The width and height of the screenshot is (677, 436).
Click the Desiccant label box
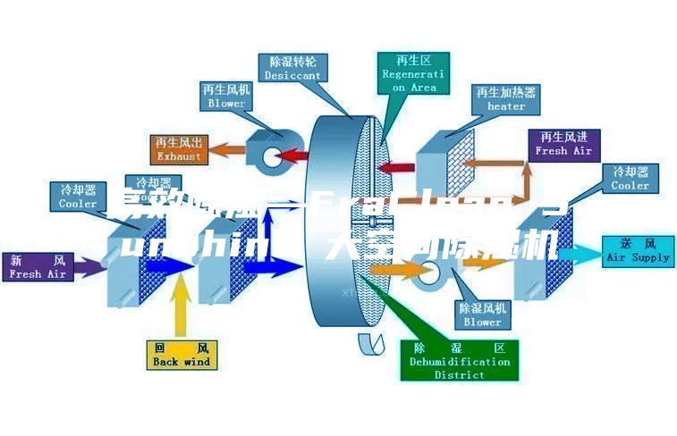(x=292, y=68)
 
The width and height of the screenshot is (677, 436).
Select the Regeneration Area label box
(x=414, y=73)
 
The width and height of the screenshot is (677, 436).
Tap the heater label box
(x=506, y=98)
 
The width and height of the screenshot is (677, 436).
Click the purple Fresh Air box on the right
(x=563, y=144)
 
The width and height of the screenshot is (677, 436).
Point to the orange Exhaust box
(x=180, y=148)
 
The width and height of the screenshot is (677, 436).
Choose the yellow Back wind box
(x=182, y=355)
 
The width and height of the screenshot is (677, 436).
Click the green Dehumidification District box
(x=460, y=360)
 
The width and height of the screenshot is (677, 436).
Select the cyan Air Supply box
(x=638, y=250)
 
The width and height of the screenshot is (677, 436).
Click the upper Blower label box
(x=226, y=96)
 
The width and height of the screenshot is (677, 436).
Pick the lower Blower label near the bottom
(x=483, y=314)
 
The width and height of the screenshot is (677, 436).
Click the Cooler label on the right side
(x=630, y=178)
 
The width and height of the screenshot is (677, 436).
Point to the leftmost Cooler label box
(x=78, y=197)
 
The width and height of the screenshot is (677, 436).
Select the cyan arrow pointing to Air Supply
(x=580, y=256)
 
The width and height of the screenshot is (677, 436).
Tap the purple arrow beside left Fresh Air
(x=90, y=265)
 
